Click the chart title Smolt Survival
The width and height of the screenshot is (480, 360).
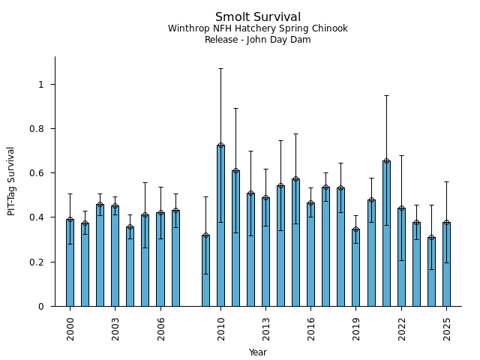(258, 17)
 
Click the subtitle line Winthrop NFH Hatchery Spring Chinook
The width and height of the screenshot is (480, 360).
(258, 28)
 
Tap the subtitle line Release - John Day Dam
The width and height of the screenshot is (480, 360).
(258, 40)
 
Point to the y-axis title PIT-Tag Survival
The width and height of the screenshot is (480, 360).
(11, 181)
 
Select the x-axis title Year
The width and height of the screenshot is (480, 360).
(258, 352)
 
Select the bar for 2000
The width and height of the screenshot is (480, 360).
(70, 262)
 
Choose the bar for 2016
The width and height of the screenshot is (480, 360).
(311, 254)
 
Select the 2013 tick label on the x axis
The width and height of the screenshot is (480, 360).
(266, 329)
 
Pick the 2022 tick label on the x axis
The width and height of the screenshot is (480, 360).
(401, 329)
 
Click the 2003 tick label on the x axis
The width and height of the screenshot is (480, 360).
(115, 329)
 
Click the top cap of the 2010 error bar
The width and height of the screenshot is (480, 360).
(220, 68)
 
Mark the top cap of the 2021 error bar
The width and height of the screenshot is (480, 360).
(386, 95)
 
